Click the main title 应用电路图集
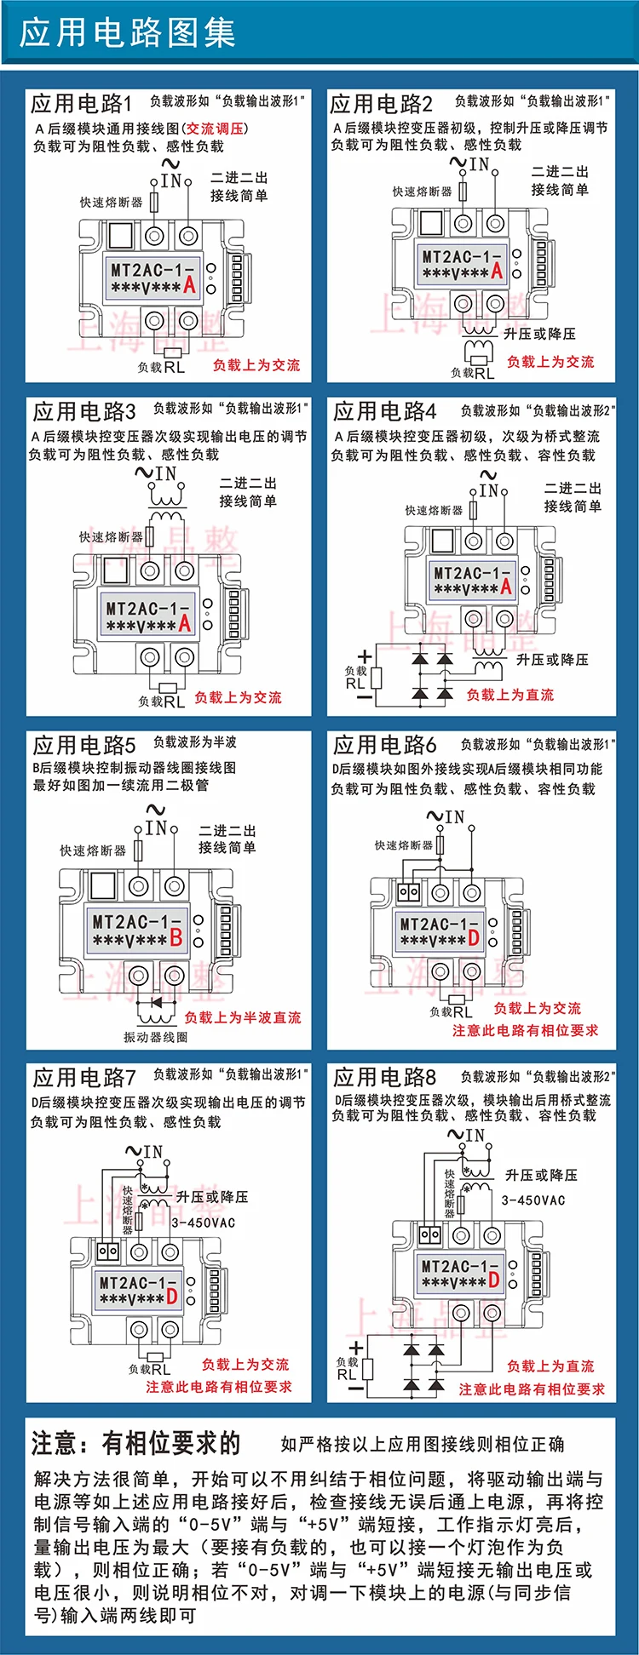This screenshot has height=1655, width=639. (128, 33)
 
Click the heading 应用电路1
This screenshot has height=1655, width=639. (82, 104)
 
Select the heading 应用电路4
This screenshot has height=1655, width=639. (384, 412)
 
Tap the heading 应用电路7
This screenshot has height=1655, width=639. (84, 1078)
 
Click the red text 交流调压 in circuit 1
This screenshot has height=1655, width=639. (216, 129)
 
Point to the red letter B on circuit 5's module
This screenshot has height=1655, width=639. (176, 938)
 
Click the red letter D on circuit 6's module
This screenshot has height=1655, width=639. (474, 939)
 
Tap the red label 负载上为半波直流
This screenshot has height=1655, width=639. (243, 1017)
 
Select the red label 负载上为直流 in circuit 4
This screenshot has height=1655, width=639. (509, 695)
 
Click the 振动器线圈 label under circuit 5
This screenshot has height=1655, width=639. (155, 1037)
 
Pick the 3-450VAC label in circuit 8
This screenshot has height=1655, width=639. (533, 1200)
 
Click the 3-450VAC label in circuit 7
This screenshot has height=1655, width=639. (203, 1223)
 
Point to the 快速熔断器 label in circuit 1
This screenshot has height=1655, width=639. (111, 203)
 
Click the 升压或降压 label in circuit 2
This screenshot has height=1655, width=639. (539, 334)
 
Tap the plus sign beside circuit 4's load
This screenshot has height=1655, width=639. (365, 656)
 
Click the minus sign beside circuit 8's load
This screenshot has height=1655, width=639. (355, 1388)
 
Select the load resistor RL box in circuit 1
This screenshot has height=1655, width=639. (173, 353)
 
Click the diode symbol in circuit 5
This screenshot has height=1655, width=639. (156, 1002)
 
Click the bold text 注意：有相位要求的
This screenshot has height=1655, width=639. (136, 1444)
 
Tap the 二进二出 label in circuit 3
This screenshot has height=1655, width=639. (248, 483)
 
